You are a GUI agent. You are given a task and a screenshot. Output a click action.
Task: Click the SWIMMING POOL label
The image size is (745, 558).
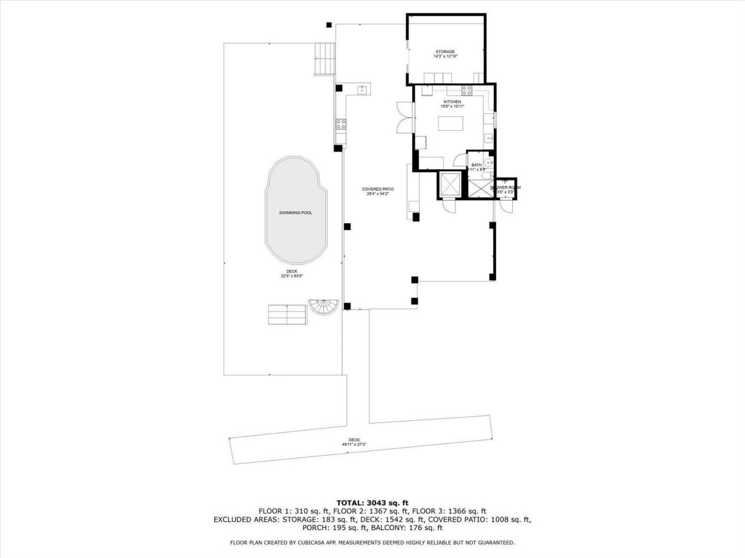coord(296,213)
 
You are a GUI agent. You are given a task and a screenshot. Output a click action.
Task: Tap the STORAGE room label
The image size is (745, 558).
coord(445,52)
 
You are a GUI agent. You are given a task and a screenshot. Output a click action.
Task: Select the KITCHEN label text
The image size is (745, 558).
coord(452,102)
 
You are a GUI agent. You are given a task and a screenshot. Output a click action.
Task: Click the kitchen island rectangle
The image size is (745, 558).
coord(451,123)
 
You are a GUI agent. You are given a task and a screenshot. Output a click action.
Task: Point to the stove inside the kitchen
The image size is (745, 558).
coord(466,90)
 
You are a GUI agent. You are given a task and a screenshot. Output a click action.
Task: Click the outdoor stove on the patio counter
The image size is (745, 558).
coord(340,123)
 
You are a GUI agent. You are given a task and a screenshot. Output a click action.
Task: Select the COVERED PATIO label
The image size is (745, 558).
coord(378,189)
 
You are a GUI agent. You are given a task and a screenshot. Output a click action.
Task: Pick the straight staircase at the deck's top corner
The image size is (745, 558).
coord(324,59)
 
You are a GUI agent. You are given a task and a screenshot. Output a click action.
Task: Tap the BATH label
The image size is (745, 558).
coord(476,165)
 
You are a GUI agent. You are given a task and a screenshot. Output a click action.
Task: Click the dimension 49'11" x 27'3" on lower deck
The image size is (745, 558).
coord(354,445)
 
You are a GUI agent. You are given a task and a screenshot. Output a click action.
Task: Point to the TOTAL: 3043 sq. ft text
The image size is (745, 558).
coord(372,502)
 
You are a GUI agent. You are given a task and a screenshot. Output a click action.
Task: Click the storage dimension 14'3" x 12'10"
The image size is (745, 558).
coord(445,57)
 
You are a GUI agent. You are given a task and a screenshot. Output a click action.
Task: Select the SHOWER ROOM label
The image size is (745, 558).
coord(505,188)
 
